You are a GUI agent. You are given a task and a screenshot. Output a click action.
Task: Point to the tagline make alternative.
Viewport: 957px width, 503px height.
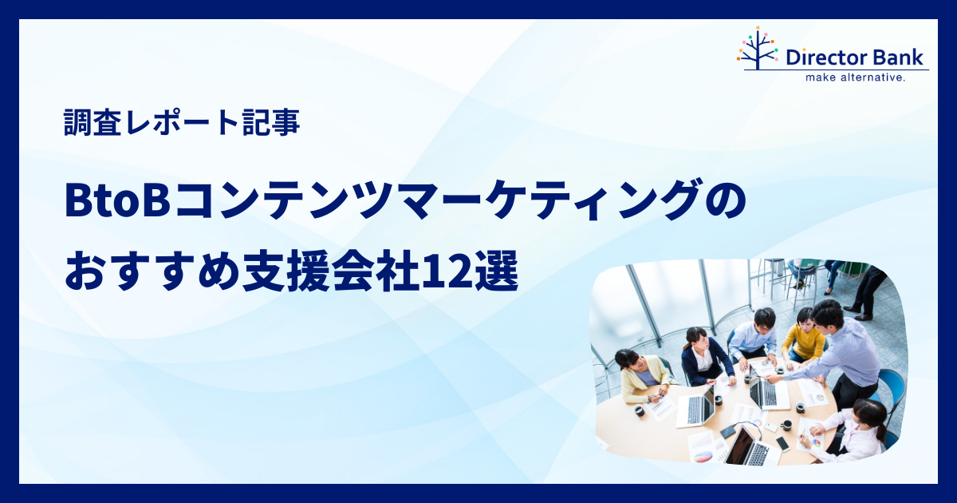tap(855, 77)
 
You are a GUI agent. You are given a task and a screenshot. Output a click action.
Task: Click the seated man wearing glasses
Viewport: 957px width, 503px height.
tap(758, 334)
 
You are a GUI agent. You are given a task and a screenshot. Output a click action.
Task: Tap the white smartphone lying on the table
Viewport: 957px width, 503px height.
tap(782, 444)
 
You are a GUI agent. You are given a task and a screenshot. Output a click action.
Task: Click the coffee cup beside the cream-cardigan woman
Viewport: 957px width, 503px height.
tap(639, 411)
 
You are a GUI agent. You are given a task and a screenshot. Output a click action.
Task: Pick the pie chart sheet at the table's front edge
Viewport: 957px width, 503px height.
tap(703, 455)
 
